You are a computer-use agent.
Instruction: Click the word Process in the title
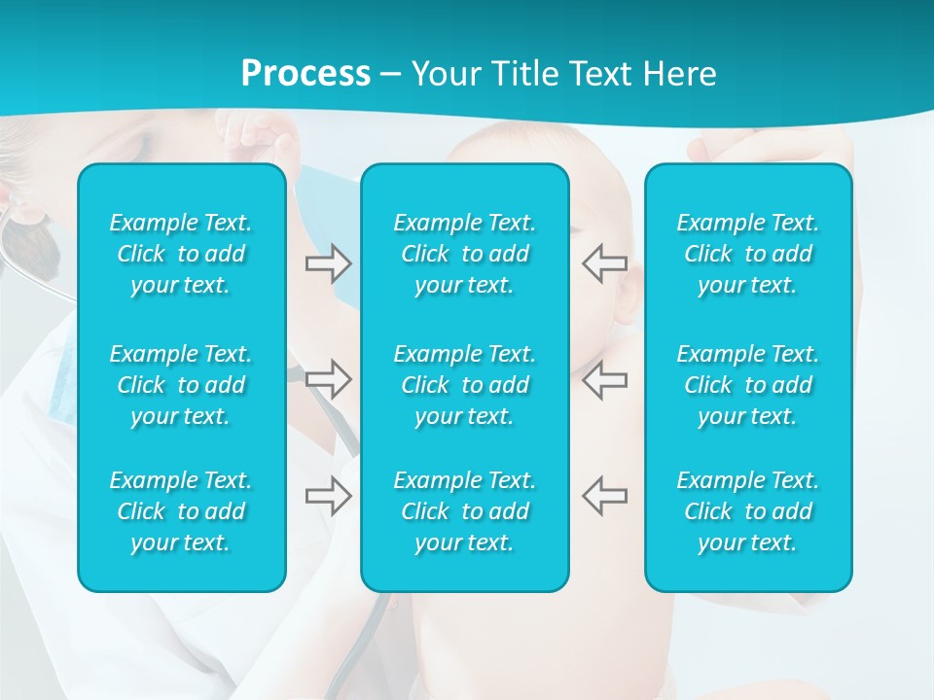pos(305,74)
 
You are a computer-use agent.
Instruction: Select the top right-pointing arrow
pos(329,263)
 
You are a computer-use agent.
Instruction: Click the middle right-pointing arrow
pos(329,379)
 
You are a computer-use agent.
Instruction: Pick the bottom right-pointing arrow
pos(329,496)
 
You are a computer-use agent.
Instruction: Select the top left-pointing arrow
pos(604,263)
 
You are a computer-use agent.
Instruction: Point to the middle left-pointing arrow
pos(604,379)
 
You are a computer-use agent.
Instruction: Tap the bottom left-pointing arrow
pos(604,496)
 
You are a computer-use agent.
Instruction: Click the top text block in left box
pos(181,254)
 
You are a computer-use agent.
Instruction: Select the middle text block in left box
pos(181,385)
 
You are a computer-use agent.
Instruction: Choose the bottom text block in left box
pos(181,511)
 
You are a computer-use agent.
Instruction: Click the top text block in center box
pos(465,254)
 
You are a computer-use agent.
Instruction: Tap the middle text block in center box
pos(465,385)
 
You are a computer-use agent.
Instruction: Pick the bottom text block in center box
pos(465,511)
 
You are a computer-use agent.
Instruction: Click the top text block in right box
pos(748,254)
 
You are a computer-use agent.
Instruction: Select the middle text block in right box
pos(748,385)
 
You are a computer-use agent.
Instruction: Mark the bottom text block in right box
pos(748,511)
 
